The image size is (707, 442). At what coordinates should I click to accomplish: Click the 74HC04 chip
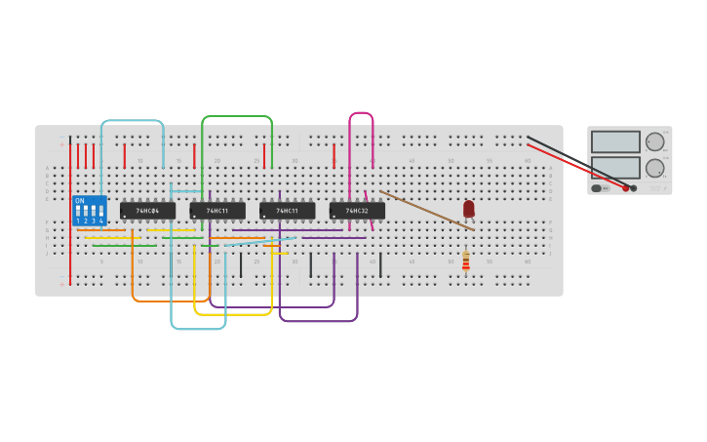(x=147, y=211)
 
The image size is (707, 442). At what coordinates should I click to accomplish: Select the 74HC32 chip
(x=356, y=211)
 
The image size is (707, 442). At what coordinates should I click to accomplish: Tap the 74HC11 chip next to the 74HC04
(x=216, y=211)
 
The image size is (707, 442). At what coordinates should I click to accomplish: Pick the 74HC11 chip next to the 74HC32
(x=287, y=211)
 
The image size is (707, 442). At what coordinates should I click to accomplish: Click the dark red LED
(x=469, y=208)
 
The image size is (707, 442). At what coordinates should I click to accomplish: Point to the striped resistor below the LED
(x=466, y=261)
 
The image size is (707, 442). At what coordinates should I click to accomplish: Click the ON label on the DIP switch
(x=79, y=200)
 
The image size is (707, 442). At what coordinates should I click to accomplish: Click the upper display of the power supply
(x=615, y=141)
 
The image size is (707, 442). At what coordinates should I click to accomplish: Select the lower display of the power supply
(x=615, y=167)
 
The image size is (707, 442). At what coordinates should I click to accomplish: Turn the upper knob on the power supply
(x=654, y=141)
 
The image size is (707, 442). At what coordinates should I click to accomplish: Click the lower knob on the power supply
(x=654, y=167)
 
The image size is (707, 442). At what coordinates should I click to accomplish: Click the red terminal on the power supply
(x=626, y=187)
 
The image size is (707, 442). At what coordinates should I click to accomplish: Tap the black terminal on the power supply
(x=634, y=187)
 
